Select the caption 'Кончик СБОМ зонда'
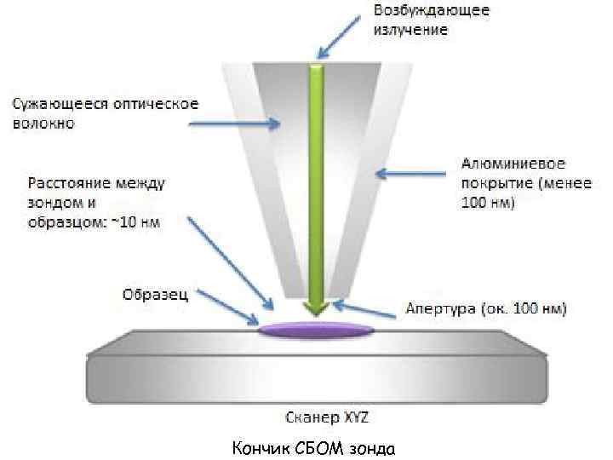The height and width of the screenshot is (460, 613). (314, 446)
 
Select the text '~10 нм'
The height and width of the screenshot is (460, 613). (136, 221)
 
